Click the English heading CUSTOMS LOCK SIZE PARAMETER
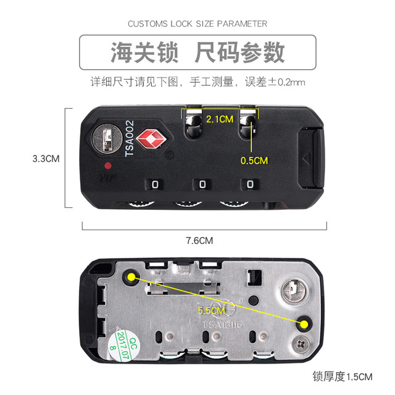pyautogui.click(x=197, y=24)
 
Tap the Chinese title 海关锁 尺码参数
pyautogui.click(x=197, y=52)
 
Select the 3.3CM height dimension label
pyautogui.click(x=46, y=158)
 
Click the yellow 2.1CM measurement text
pyautogui.click(x=219, y=118)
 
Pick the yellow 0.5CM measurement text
pyautogui.click(x=254, y=160)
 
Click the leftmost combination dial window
pyautogui.click(x=153, y=184)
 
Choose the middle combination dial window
pyautogui.click(x=202, y=184)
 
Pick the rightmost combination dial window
pyautogui.click(x=249, y=184)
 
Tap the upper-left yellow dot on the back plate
pyautogui.click(x=132, y=277)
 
